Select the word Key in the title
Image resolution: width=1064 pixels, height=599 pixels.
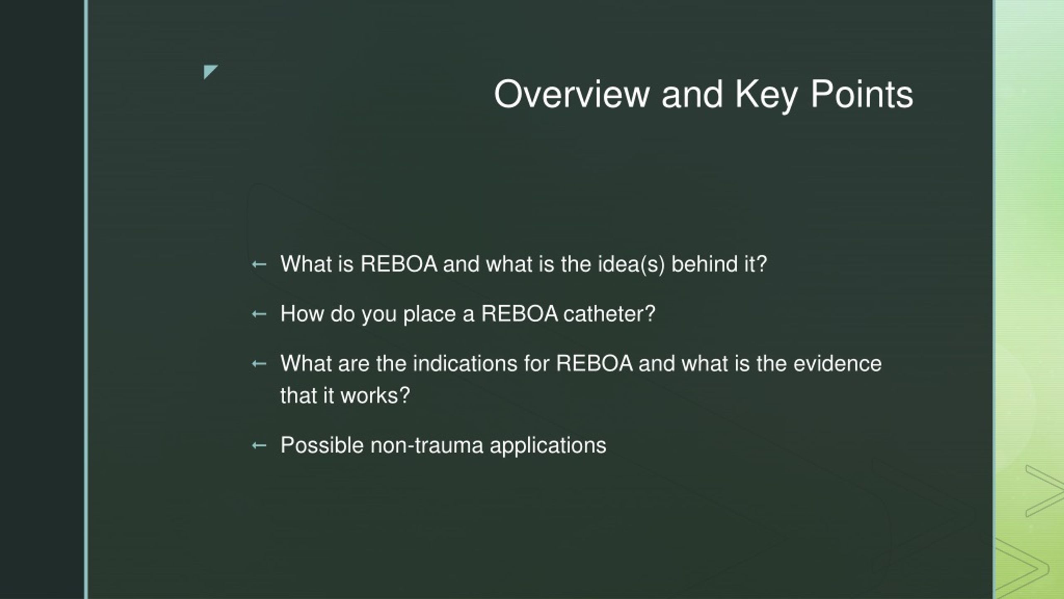766,97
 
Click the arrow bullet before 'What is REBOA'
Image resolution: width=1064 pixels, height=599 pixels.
259,264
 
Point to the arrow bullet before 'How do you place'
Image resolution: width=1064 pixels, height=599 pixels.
259,314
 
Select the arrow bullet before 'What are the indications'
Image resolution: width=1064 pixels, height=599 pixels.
259,364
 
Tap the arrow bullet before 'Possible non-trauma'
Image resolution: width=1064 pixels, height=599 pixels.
259,446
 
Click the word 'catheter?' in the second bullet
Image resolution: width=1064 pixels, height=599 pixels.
609,314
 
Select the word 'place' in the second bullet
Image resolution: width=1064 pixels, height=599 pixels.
430,314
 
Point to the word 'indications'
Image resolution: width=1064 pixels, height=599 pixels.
465,364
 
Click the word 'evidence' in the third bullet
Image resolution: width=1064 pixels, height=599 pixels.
837,364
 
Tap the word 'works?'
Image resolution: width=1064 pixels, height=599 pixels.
375,395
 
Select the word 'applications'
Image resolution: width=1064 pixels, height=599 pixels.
548,446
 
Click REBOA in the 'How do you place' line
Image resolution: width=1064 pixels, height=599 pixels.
520,314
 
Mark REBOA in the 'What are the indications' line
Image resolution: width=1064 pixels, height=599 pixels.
594,364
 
